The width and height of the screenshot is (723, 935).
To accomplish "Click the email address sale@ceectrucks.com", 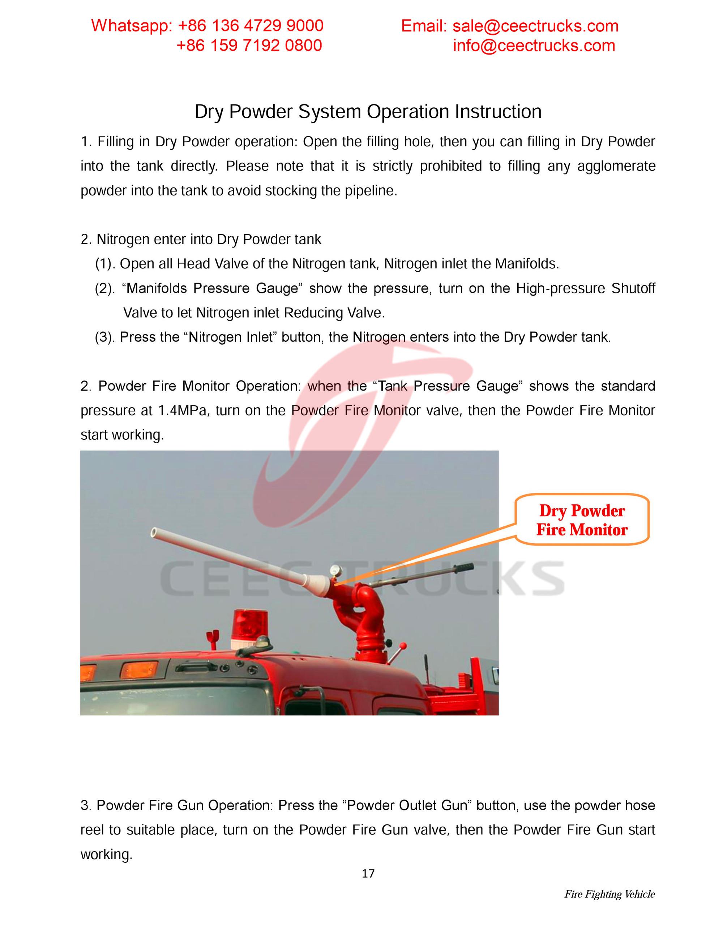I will pos(535,26).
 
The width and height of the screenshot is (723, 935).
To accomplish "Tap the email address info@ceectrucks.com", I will pos(534,46).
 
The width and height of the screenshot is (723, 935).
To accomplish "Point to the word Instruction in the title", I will pos(498,112).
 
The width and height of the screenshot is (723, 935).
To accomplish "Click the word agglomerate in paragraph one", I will pos(616,166).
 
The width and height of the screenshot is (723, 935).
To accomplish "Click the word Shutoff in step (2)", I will pos(633,289).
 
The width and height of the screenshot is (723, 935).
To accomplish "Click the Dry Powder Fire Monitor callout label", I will pos(581,520).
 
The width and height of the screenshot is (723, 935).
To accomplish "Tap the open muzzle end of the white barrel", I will pos(154,533).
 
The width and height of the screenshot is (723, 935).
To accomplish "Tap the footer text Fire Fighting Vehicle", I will pos(609,894).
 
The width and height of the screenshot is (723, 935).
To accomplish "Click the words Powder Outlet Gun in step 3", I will pos(406,806).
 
